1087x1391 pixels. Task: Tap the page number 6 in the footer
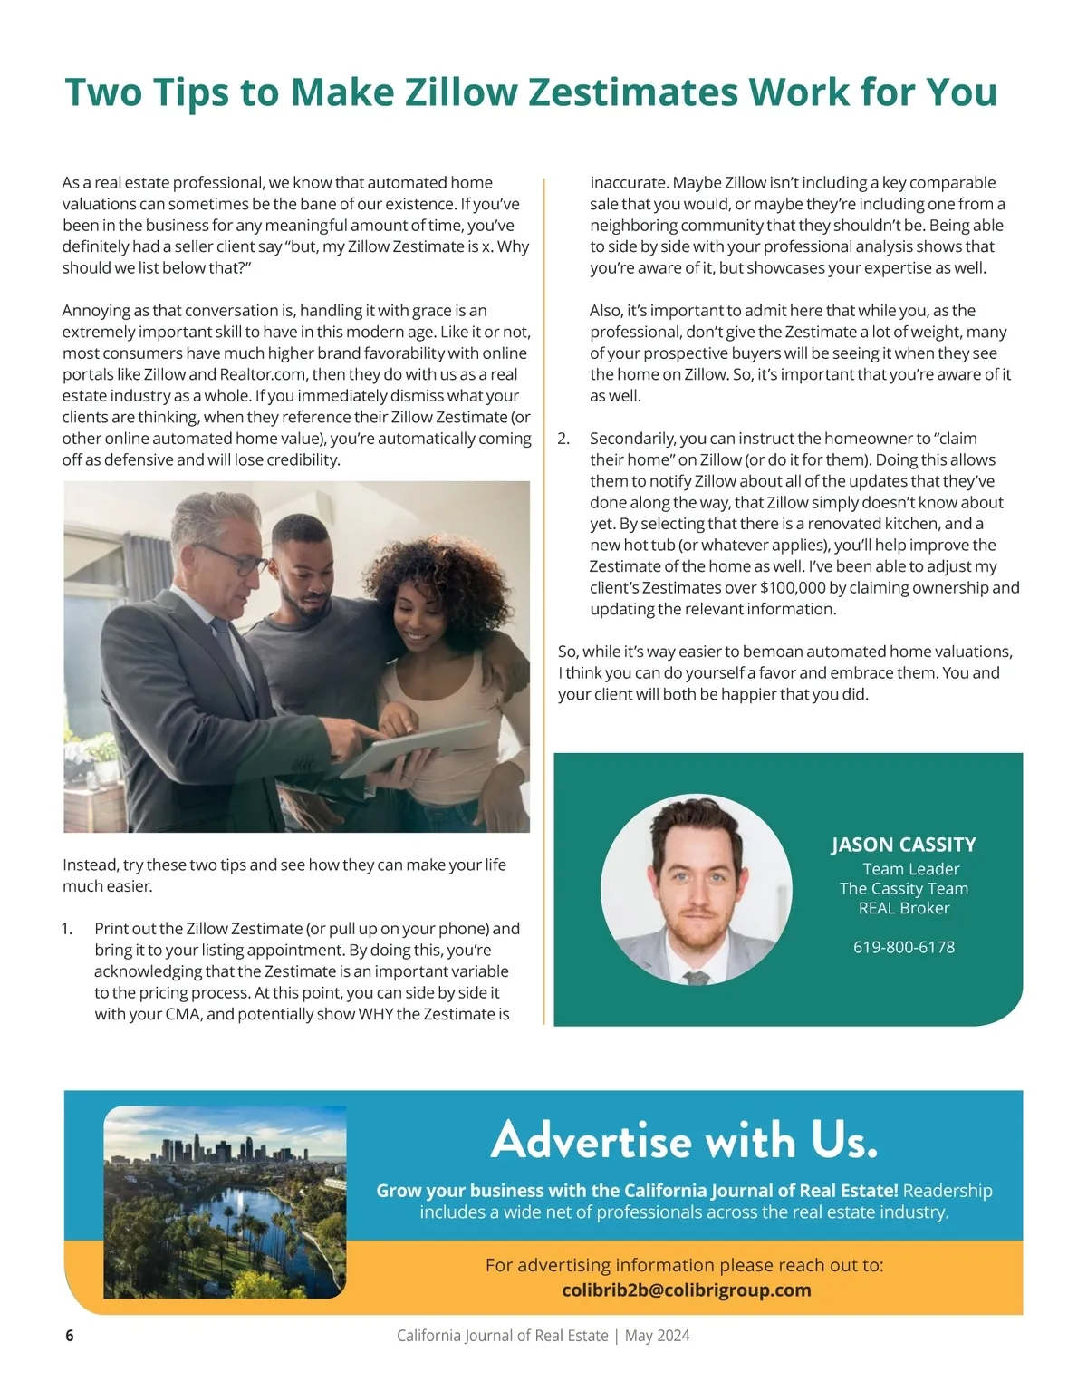coord(70,1336)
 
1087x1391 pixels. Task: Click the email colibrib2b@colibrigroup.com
coord(687,1290)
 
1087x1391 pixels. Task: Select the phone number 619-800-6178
coord(904,947)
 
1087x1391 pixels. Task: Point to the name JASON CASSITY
coord(903,845)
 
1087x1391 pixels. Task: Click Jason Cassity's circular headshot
coord(696,890)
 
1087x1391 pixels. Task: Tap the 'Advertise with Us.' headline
coord(684,1139)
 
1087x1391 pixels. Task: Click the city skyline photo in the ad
coord(226,1202)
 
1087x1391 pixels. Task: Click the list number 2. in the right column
coord(564,439)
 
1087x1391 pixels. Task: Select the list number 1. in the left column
coord(67,929)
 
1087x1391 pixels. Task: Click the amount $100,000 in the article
coord(793,588)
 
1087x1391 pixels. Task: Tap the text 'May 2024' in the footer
coord(658,1336)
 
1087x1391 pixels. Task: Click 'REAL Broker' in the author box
coord(904,908)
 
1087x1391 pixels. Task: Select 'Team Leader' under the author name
coord(910,869)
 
